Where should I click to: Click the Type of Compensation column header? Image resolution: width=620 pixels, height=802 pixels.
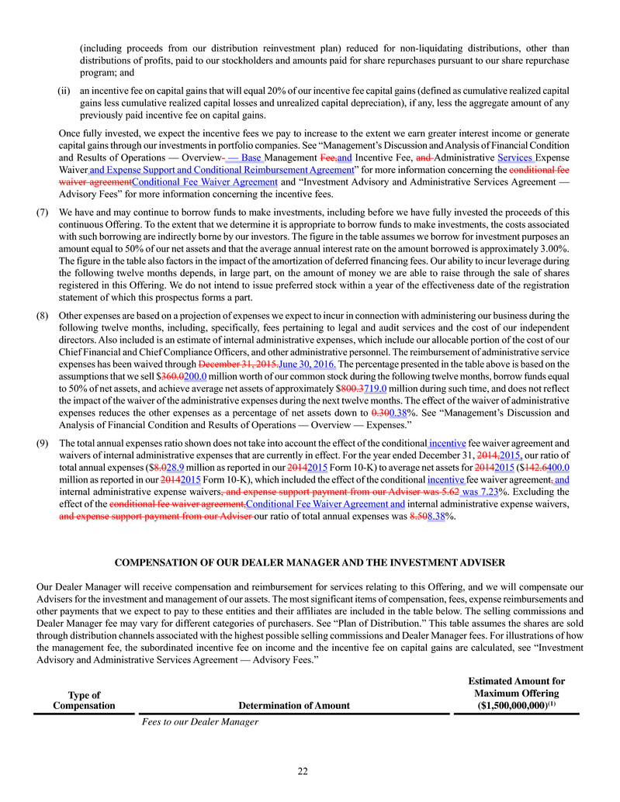pos(84,700)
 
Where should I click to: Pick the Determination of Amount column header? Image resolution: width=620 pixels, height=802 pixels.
pos(294,706)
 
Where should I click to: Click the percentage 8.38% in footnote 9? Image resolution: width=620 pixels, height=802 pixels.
pos(442,517)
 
